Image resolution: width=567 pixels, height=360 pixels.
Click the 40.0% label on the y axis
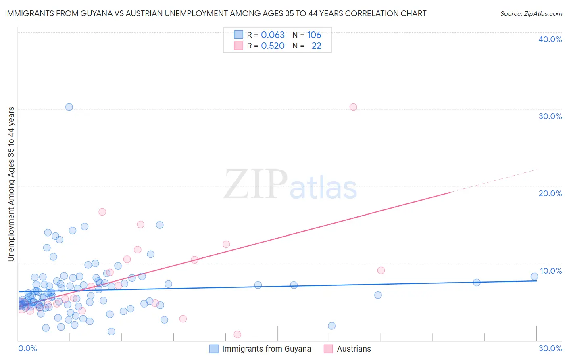550,39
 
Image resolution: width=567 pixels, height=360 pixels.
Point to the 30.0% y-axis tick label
550,116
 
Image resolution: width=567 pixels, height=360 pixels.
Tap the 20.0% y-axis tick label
550,193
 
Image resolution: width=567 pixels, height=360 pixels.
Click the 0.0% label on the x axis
27,348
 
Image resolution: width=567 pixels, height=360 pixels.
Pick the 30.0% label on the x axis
550,348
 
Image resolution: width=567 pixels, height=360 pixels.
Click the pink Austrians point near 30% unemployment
353,107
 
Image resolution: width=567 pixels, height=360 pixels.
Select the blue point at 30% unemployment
69,107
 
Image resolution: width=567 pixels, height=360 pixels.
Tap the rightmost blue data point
534,276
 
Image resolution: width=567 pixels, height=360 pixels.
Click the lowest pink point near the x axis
238,335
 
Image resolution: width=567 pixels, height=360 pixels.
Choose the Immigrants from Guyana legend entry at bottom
266,349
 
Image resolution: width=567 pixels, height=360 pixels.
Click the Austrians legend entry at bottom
354,349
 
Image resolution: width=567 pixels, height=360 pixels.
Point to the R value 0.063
273,35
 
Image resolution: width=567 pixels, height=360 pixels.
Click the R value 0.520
273,46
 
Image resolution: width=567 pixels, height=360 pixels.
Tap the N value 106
314,35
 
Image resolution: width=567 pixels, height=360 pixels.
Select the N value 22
316,46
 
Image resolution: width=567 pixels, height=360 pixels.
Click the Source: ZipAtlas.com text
531,13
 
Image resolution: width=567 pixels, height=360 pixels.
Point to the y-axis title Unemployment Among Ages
11,184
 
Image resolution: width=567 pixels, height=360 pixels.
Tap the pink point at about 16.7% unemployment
102,212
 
